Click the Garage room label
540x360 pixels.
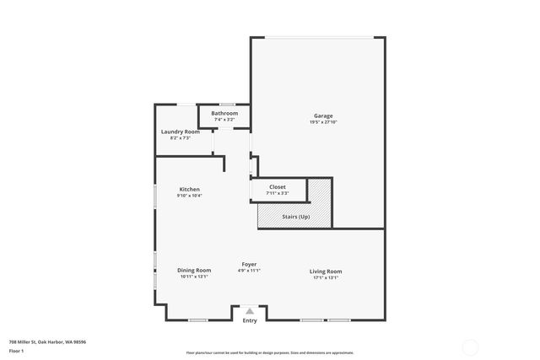click(323, 116)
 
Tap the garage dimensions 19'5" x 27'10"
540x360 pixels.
click(323, 122)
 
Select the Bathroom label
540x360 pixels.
click(224, 113)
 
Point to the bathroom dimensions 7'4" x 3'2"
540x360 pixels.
click(224, 120)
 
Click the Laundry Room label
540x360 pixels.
click(181, 132)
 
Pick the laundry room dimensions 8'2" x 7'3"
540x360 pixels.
click(181, 138)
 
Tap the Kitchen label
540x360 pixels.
click(189, 189)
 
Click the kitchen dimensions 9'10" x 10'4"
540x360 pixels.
click(189, 196)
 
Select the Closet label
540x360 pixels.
click(278, 186)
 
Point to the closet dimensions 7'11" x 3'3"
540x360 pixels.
click(278, 193)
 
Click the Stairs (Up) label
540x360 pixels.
click(295, 217)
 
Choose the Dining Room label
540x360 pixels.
click(194, 270)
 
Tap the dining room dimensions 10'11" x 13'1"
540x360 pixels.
click(194, 277)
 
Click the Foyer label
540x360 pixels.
click(249, 264)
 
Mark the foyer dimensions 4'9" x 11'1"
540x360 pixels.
click(249, 271)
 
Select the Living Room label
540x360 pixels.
click(326, 271)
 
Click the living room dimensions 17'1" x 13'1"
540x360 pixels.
click(326, 277)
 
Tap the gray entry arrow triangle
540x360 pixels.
click(250, 311)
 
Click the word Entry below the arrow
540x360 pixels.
click(250, 321)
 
